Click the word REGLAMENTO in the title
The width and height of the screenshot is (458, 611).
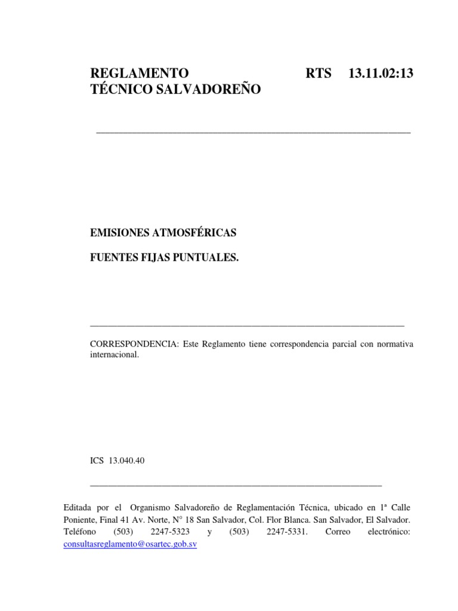point(139,74)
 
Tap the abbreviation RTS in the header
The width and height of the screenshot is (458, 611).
point(318,74)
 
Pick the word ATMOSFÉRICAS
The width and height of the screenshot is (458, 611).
point(199,232)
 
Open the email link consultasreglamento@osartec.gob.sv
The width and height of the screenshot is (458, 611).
point(130,545)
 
